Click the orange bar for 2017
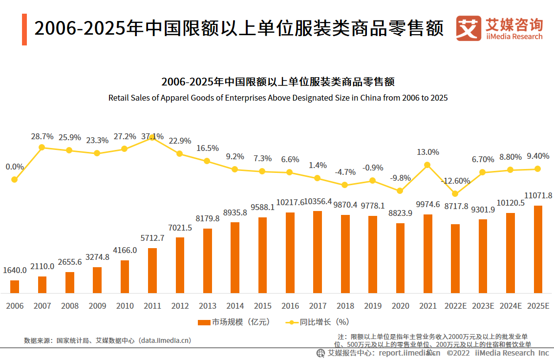pyautogui.click(x=318, y=252)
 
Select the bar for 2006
pyautogui.click(x=15, y=287)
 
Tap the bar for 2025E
pyautogui.click(x=538, y=249)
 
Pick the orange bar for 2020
pyautogui.click(x=400, y=258)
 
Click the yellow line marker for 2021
pyautogui.click(x=427, y=165)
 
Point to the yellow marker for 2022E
pyautogui.click(x=455, y=194)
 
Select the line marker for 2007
pyautogui.click(x=42, y=147)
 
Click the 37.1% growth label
pyautogui.click(x=152, y=137)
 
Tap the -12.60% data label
pyautogui.click(x=455, y=181)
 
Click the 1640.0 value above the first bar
pyautogui.click(x=15, y=270)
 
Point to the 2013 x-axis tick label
pyautogui.click(x=208, y=306)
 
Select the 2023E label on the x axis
pyautogui.click(x=483, y=306)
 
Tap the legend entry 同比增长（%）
pyautogui.click(x=317, y=322)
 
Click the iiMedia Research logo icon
pyautogui.click(x=469, y=28)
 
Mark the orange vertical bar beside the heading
pyautogui.click(x=24, y=29)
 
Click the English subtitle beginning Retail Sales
pyautogui.click(x=277, y=98)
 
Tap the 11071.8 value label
pyautogui.click(x=538, y=195)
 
